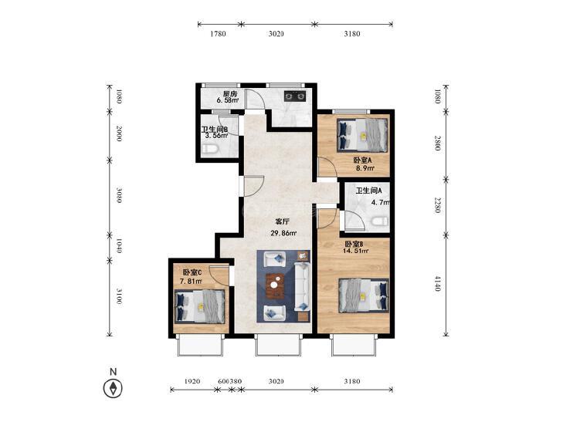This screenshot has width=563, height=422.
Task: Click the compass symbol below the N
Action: click(x=113, y=388)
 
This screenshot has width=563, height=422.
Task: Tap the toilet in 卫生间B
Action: click(x=209, y=150)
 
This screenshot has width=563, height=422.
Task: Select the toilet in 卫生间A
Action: click(x=380, y=221)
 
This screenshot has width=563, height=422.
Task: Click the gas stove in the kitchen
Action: click(x=295, y=96)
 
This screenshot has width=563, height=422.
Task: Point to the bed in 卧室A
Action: click(x=363, y=134)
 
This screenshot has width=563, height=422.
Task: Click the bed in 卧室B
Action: click(x=364, y=295)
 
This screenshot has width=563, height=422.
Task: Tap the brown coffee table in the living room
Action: click(x=275, y=285)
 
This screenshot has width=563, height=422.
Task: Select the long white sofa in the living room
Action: click(x=302, y=286)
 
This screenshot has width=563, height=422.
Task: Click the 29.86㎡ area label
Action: click(x=283, y=234)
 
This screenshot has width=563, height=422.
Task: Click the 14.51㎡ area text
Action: click(x=356, y=251)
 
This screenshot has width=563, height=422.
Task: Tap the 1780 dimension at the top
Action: click(x=218, y=34)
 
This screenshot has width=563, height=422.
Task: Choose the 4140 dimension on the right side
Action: click(x=437, y=283)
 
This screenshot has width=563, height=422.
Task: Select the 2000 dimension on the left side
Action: click(x=119, y=133)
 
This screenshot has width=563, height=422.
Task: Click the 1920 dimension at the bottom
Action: click(x=192, y=381)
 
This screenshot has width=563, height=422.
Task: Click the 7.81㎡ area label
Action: click(x=190, y=282)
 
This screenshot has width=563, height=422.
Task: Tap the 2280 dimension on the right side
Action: click(x=437, y=205)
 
